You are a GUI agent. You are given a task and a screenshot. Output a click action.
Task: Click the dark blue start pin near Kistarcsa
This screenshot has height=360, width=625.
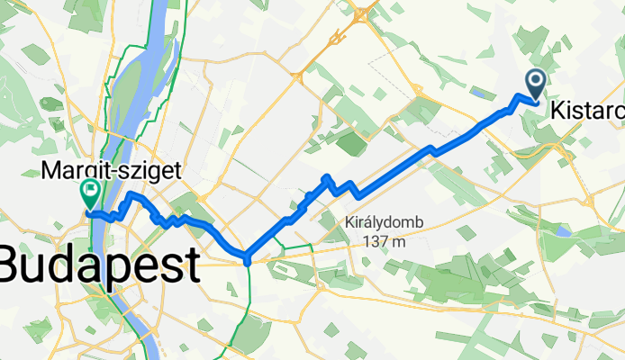(535, 85)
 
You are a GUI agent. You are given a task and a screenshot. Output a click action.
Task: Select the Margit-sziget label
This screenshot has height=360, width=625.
(112, 170)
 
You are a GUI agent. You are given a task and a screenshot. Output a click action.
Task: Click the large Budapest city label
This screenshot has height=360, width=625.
(98, 265)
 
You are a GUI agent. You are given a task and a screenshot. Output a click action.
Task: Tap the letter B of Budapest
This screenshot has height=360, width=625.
(15, 265)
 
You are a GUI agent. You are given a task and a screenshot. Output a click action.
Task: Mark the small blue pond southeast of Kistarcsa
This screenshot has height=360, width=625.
(563, 230)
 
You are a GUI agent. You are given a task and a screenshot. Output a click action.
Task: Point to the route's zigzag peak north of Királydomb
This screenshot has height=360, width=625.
(328, 177)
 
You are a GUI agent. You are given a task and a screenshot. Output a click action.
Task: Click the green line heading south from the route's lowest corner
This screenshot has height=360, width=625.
(248, 297)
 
